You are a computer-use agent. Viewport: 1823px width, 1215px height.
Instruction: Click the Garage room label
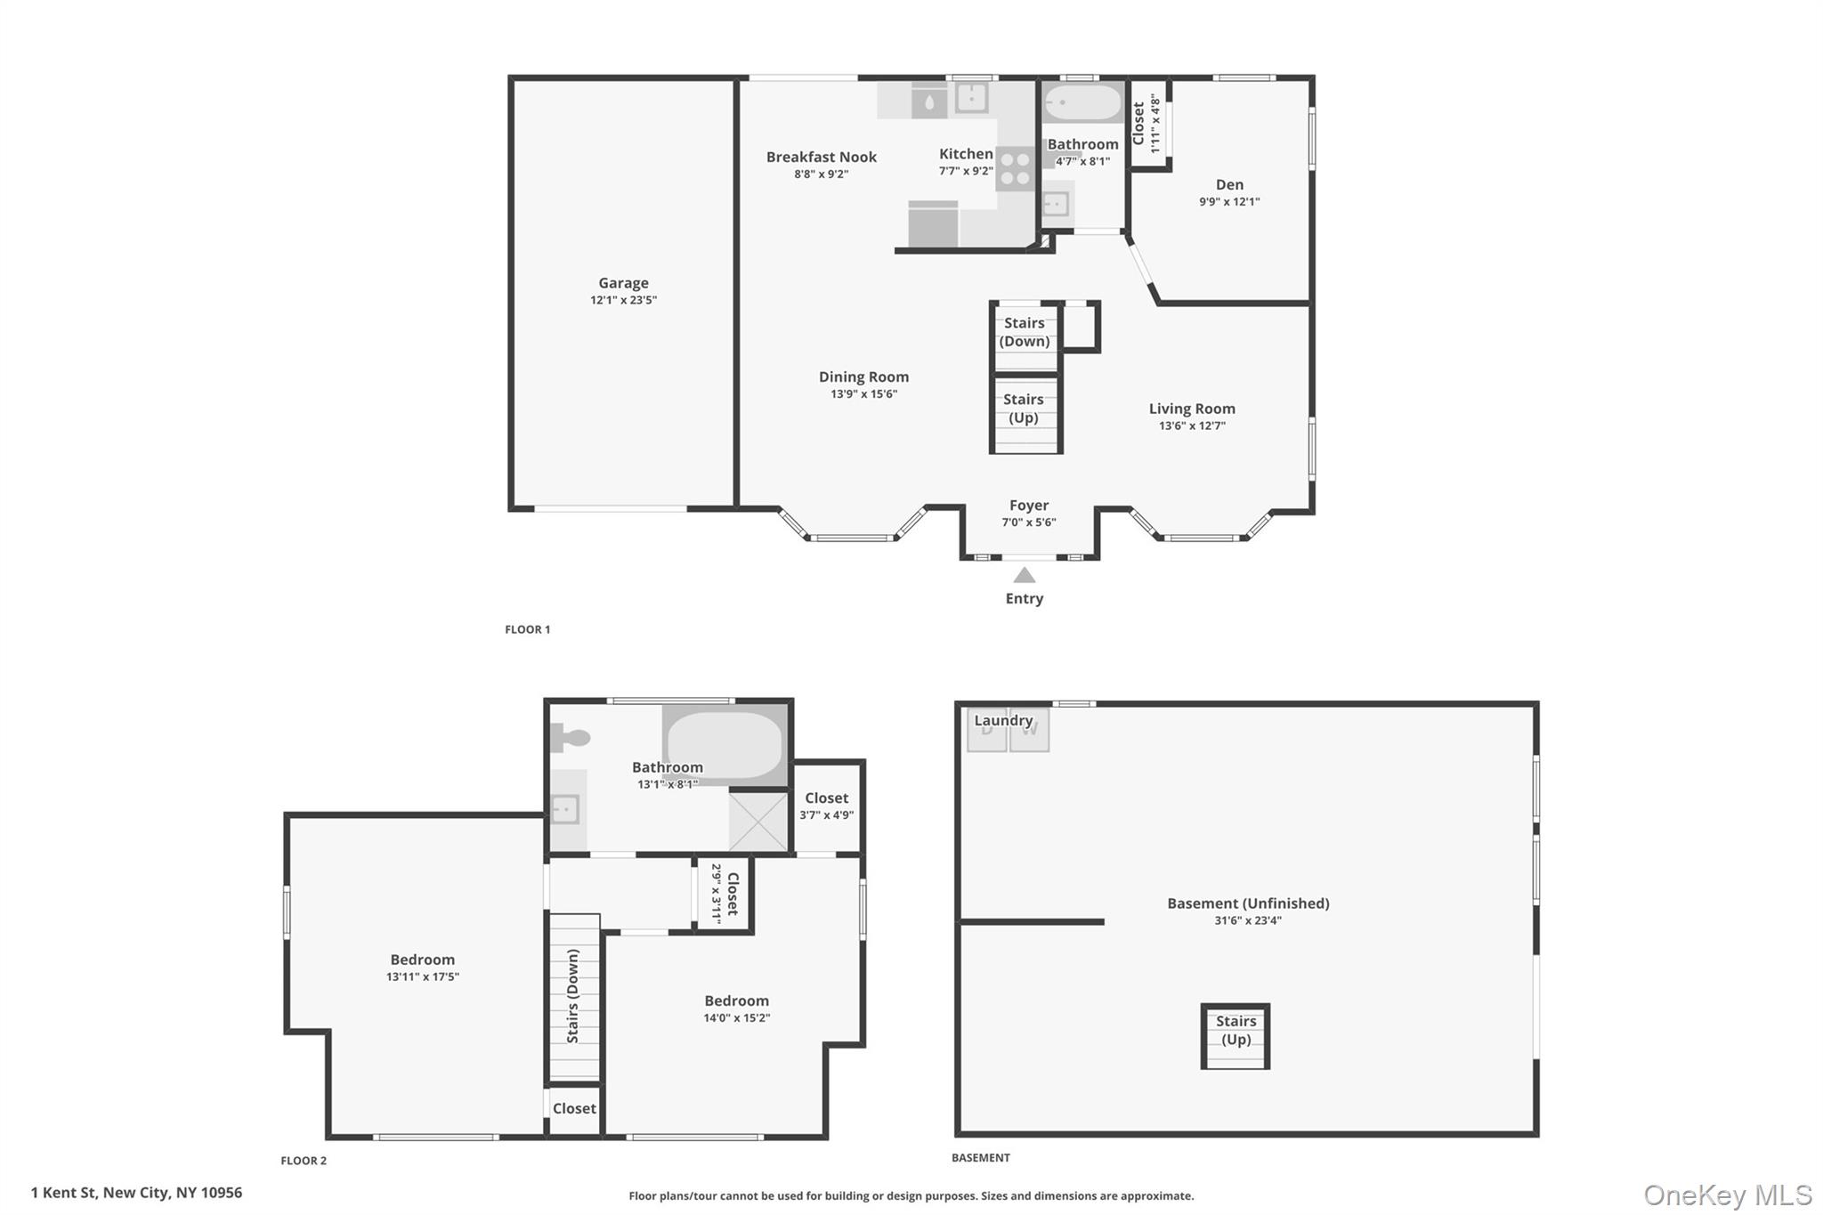(x=623, y=283)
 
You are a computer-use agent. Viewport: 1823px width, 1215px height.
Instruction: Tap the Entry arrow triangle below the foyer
(x=1025, y=575)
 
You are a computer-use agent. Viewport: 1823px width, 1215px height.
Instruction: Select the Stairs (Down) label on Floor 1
(x=1024, y=332)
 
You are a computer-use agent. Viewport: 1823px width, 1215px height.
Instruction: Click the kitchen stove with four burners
(x=1014, y=169)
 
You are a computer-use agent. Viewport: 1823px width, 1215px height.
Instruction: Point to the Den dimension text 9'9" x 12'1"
(x=1228, y=202)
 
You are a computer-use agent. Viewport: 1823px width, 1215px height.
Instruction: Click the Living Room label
(x=1191, y=409)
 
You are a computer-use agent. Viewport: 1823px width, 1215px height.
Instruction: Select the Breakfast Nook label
(x=821, y=157)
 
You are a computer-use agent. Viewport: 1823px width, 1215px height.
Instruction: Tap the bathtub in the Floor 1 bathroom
(x=1082, y=103)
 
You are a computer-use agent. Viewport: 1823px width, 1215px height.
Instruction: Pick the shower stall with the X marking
(x=758, y=821)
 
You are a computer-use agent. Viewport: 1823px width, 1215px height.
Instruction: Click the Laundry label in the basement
(x=1003, y=720)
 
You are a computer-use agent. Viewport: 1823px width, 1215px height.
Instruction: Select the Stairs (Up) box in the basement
(x=1236, y=1036)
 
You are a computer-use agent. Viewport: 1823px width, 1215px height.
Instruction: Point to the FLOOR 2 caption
(x=304, y=1161)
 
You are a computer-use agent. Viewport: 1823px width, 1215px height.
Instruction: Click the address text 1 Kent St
(x=136, y=1193)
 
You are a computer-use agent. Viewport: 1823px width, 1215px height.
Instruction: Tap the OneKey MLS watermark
(x=1727, y=1195)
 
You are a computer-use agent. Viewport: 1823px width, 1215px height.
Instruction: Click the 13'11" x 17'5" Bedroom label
(x=422, y=960)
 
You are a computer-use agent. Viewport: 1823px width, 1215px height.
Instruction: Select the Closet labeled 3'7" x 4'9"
(x=826, y=798)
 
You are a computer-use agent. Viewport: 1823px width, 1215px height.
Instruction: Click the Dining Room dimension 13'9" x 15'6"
(x=863, y=394)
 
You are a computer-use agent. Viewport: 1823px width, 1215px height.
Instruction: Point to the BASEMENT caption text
(x=980, y=1158)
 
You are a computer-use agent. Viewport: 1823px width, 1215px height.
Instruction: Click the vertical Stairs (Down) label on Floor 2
(x=573, y=996)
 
